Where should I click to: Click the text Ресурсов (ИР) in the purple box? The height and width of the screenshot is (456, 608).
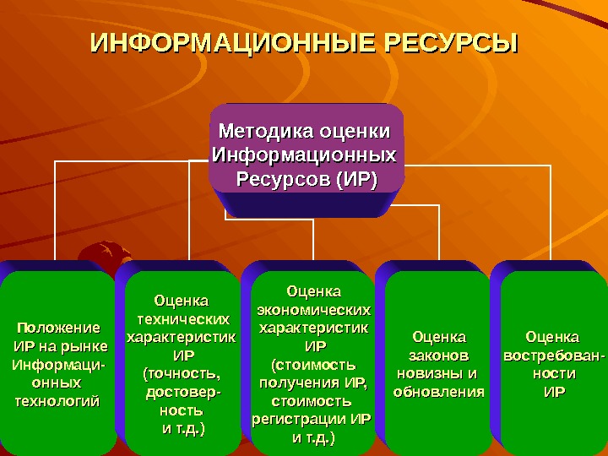(x=306, y=179)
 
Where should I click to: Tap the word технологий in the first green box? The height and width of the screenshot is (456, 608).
(x=57, y=399)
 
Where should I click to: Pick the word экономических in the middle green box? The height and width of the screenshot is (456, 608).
(x=312, y=309)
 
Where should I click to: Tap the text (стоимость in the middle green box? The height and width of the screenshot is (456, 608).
(x=312, y=365)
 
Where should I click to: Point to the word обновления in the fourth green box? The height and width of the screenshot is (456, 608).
(x=439, y=392)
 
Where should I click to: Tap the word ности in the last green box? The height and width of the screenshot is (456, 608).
(x=554, y=373)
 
